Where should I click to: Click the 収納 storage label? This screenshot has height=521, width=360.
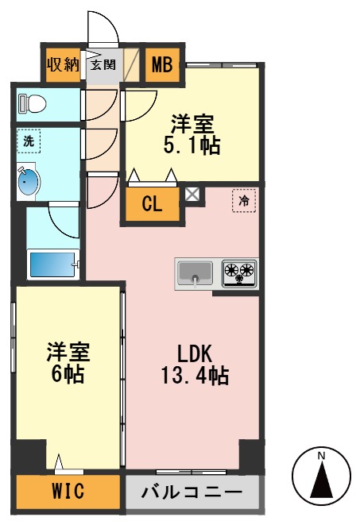pos(62,64)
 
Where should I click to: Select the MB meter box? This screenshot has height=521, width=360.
pos(162,64)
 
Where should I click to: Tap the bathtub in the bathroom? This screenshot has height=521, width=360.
pos(54,263)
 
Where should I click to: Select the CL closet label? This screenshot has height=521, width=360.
pos(152,203)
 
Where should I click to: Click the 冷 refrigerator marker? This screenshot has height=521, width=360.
pos(243,201)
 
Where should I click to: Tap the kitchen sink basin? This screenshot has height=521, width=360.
pos(194,274)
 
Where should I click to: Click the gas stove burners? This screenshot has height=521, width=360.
pos(238,273)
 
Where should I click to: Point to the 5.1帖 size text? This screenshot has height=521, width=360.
pos(193,145)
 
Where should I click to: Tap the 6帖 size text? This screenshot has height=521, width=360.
pos(68,375)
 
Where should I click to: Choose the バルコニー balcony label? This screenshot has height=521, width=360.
pos(192,490)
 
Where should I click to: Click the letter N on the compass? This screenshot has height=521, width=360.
pos(321,456)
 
